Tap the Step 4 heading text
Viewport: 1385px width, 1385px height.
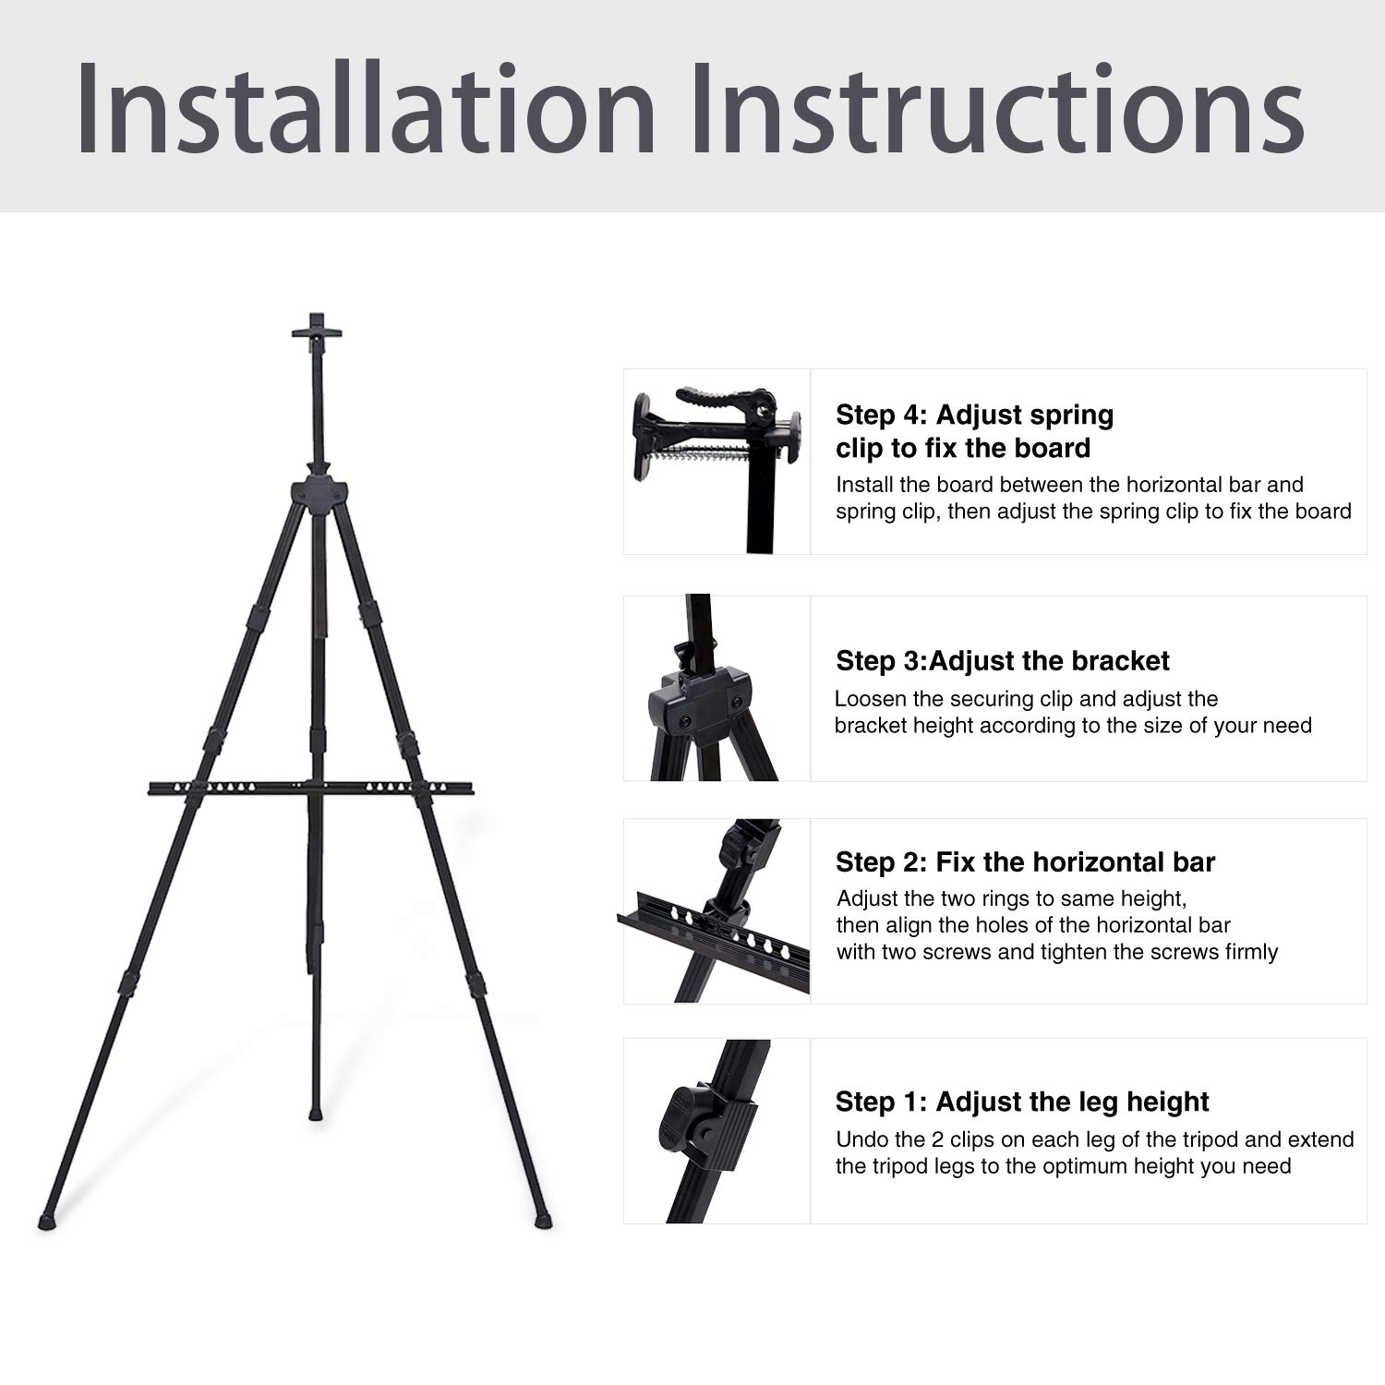(x=974, y=431)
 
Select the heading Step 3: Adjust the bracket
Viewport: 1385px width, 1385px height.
(x=1002, y=661)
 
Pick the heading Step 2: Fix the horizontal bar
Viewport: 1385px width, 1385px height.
(x=1025, y=862)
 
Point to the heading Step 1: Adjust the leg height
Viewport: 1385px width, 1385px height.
(x=1022, y=1102)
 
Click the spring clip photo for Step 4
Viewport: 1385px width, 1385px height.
(x=717, y=462)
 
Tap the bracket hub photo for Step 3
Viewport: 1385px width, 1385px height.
(x=717, y=689)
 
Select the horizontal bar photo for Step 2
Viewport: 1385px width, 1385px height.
(x=717, y=911)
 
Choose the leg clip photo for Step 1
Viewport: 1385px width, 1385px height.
(x=717, y=1131)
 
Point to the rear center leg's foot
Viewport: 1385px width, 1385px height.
(x=317, y=1115)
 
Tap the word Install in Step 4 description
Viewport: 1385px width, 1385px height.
(x=865, y=485)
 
